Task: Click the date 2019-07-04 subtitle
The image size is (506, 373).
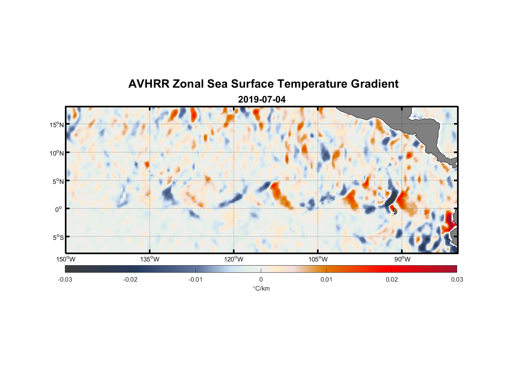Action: [x=262, y=100]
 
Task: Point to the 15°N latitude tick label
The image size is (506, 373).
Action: [x=57, y=125]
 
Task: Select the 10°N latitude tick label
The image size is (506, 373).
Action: [x=57, y=153]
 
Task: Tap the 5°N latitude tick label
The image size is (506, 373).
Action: [x=58, y=181]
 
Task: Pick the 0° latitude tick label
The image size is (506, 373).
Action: [x=59, y=209]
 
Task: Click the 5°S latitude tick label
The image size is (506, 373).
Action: [x=58, y=238]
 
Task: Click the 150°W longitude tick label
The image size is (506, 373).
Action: [x=66, y=259]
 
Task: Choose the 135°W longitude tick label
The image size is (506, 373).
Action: [x=150, y=259]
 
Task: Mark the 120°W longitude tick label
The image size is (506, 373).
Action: [x=234, y=259]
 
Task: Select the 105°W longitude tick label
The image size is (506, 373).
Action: [x=318, y=259]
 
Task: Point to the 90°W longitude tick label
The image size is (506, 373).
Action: [x=402, y=259]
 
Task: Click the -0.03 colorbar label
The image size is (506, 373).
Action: [x=65, y=280]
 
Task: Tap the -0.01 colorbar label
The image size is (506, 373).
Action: [x=196, y=280]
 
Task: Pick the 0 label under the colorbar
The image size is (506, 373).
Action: [x=261, y=280]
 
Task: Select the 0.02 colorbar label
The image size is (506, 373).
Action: [x=392, y=280]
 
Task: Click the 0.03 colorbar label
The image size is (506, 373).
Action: [x=457, y=280]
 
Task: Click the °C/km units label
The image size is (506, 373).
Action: [x=261, y=288]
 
